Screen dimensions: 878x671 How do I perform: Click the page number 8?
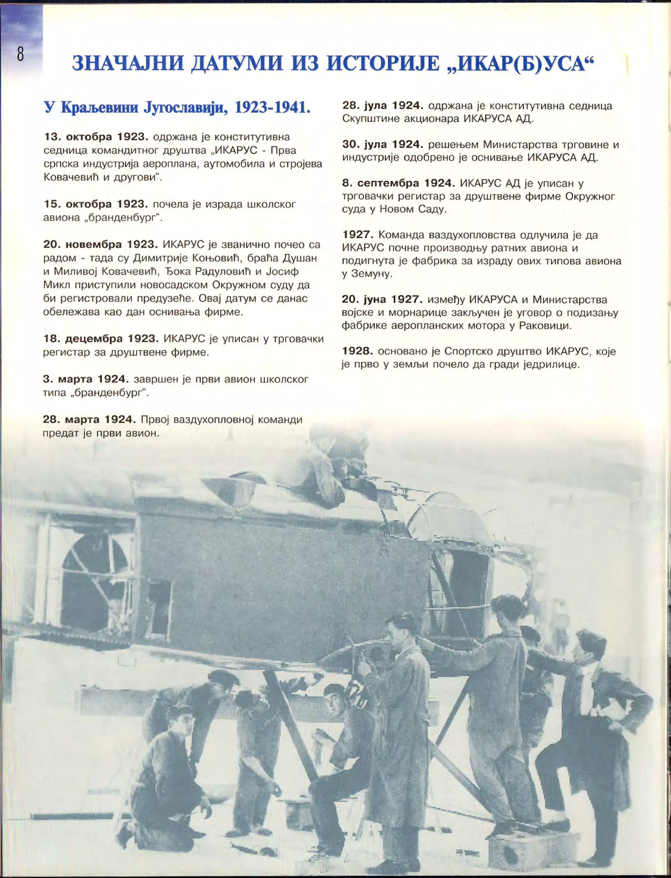click(x=20, y=53)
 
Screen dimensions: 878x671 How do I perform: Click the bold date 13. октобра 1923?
click(x=96, y=137)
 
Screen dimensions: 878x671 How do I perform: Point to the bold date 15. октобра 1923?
click(x=96, y=204)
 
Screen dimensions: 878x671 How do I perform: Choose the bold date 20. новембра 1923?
click(x=101, y=244)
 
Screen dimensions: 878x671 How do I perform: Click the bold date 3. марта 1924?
click(x=86, y=379)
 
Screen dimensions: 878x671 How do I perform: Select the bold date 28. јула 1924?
click(x=383, y=106)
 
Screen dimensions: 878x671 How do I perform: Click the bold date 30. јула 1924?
click(x=383, y=144)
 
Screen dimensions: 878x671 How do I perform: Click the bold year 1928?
click(x=357, y=351)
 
